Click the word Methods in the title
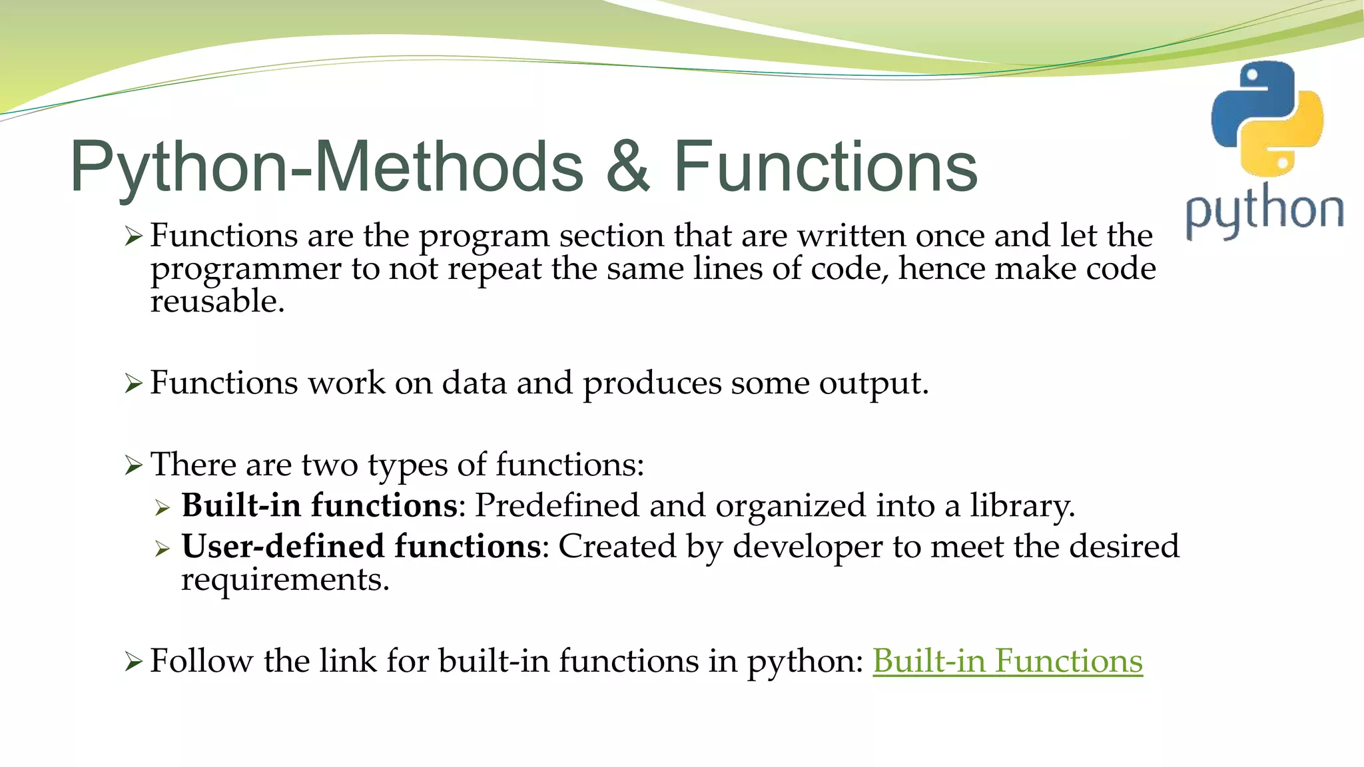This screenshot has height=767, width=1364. pos(448,166)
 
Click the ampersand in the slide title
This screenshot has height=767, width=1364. pos(627,166)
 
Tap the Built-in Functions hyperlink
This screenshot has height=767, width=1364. pos(1007,661)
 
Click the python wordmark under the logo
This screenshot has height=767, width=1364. pos(1264,212)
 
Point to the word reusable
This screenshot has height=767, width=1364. pos(216,302)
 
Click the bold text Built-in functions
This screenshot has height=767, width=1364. pos(319,505)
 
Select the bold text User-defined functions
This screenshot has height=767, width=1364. pos(360,547)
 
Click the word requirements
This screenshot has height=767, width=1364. pos(284,579)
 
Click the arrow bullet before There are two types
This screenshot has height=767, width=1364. pos(133,465)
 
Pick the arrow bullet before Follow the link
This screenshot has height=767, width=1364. pos(133,662)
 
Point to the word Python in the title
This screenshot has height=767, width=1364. pos(180,166)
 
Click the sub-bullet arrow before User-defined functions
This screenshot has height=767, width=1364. pos(163,549)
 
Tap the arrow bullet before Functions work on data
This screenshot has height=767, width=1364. pos(133,384)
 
